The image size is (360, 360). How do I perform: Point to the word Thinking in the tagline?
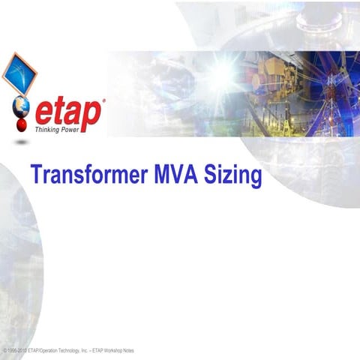point(49,130)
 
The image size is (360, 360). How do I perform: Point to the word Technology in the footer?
point(60,350)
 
